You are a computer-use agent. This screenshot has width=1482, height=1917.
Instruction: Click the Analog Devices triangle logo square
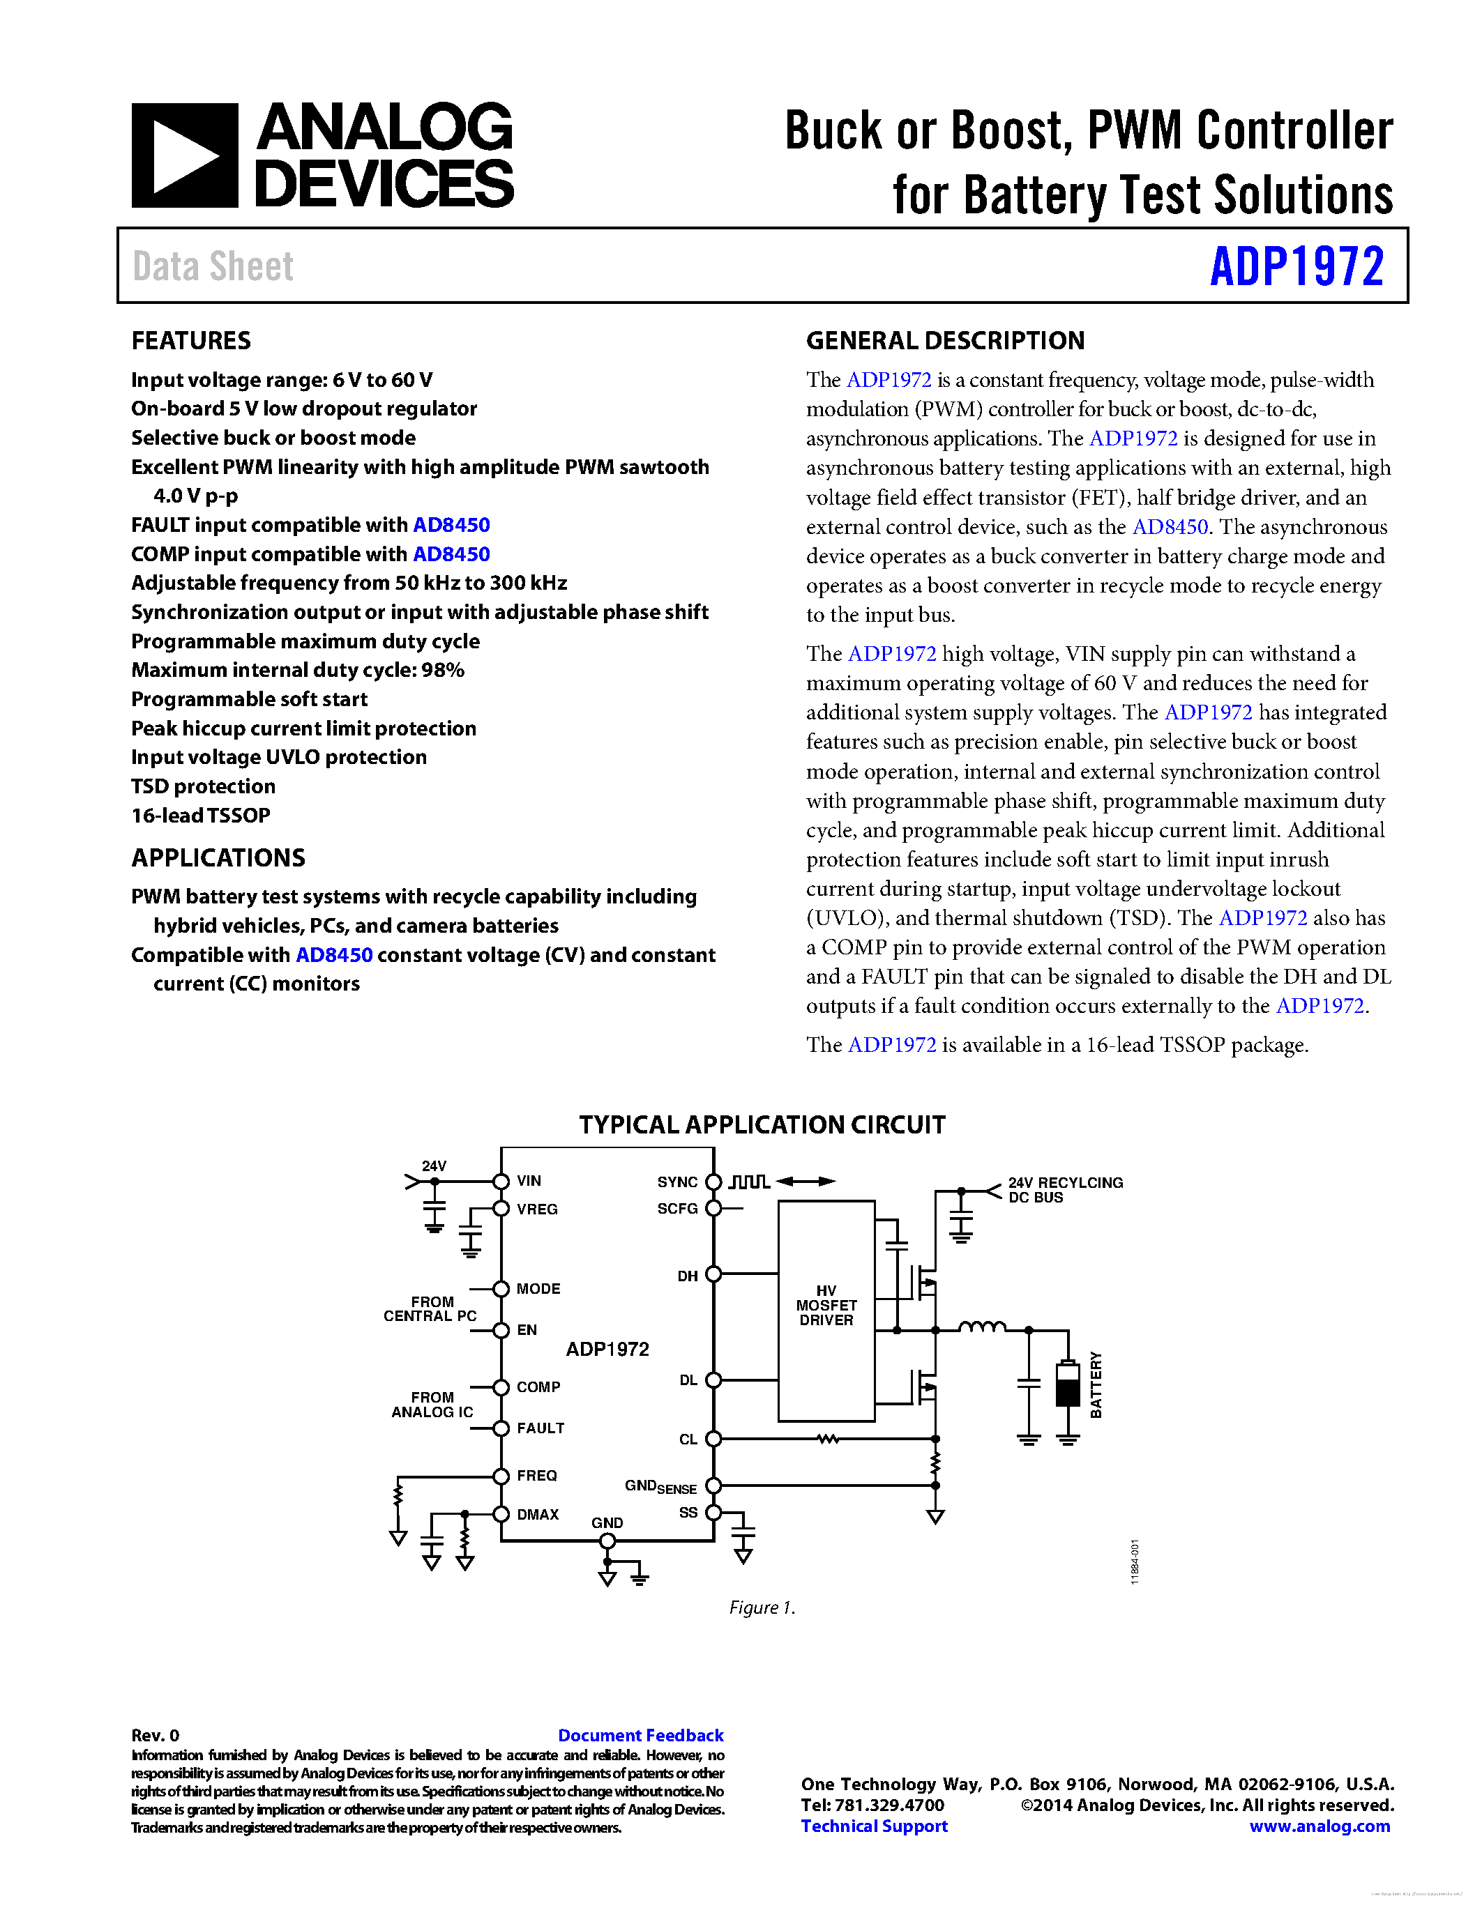(184, 155)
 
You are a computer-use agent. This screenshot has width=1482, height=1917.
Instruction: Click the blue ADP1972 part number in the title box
(1296, 266)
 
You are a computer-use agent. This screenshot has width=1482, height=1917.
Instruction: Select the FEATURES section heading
(190, 341)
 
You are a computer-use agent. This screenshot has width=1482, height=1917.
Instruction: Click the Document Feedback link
(640, 1735)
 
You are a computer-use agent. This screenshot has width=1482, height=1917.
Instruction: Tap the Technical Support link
(874, 1826)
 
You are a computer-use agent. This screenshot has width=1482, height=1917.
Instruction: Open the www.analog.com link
(1319, 1826)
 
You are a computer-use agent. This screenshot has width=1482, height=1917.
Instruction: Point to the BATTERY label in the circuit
(1096, 1384)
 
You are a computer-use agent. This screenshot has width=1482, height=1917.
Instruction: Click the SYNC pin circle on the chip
(713, 1182)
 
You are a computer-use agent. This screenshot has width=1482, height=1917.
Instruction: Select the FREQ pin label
(536, 1476)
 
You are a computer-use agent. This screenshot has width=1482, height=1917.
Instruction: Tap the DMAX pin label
(537, 1514)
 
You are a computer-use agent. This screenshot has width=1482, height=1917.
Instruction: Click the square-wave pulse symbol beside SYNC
(749, 1182)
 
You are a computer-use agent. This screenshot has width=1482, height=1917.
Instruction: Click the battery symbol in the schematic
(1067, 1384)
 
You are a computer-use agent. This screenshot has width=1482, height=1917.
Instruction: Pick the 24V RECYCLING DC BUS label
(1064, 1189)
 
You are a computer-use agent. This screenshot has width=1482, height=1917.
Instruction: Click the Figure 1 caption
(761, 1607)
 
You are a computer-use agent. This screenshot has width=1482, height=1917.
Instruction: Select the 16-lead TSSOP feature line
(200, 816)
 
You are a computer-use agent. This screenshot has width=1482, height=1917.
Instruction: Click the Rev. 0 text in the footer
(155, 1735)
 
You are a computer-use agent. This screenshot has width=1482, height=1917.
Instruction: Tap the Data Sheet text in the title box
(213, 266)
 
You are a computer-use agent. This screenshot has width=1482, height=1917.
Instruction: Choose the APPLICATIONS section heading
(218, 857)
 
